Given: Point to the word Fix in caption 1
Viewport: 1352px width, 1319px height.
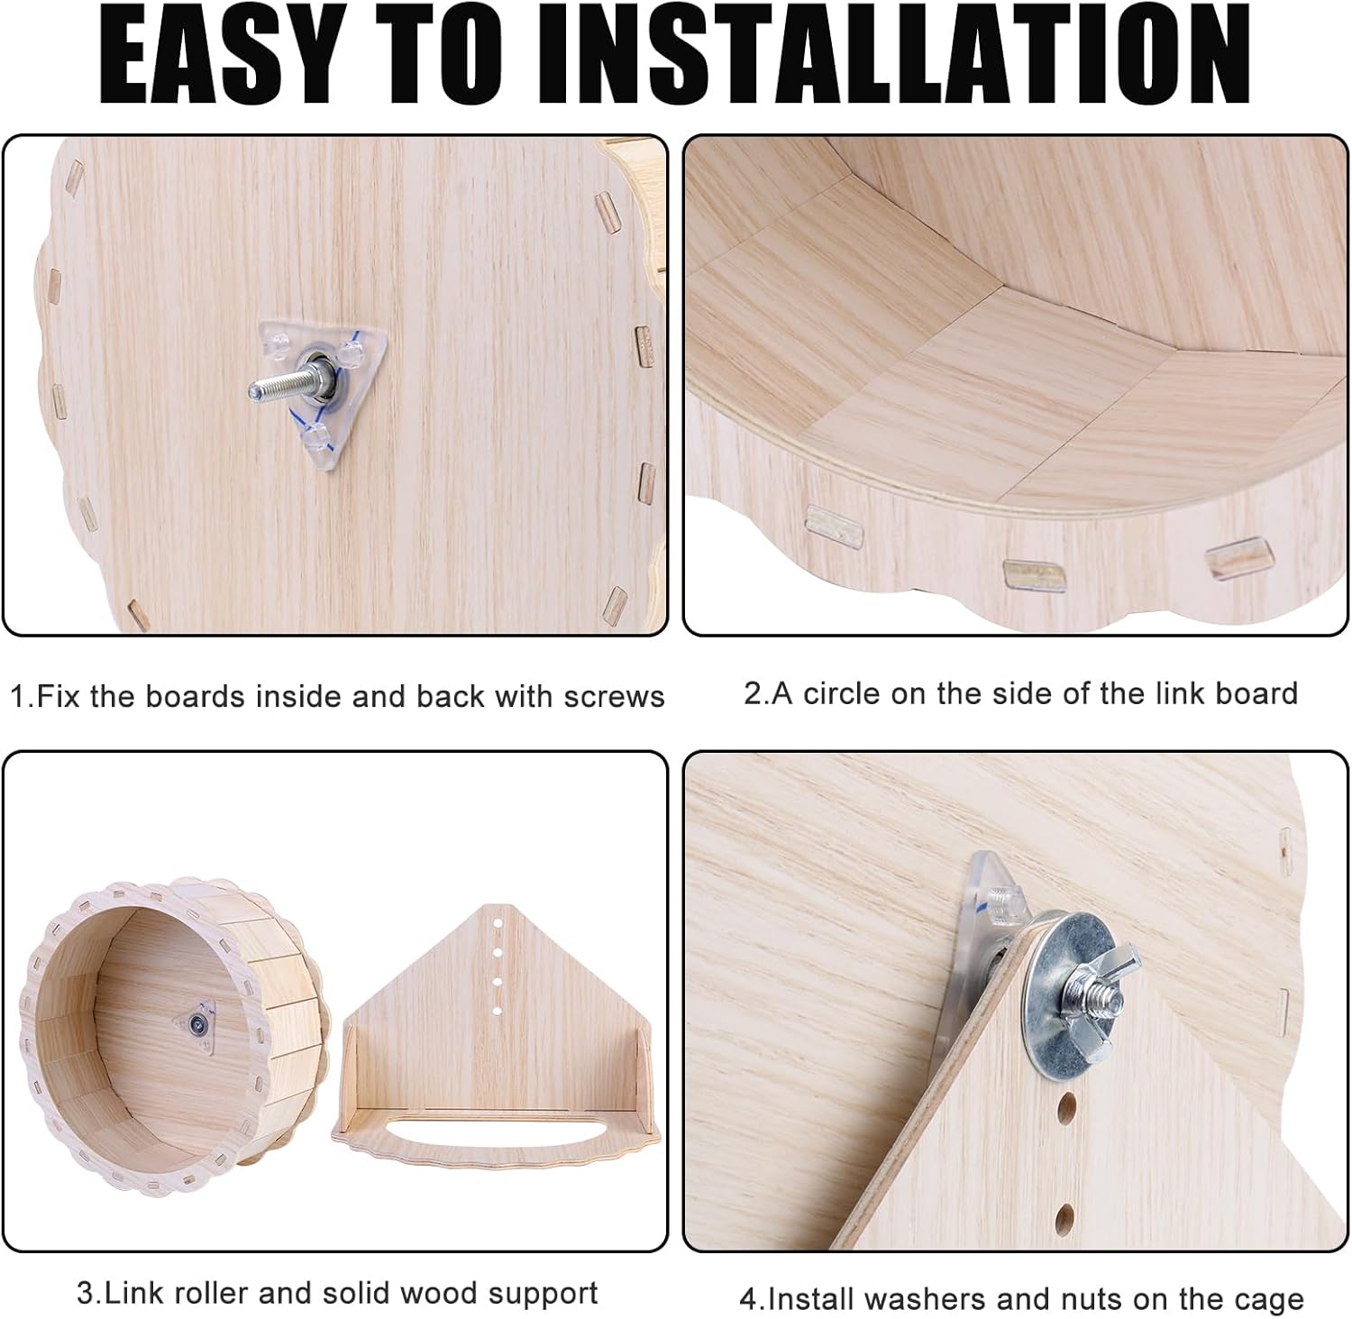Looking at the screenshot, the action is pos(59,696).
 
